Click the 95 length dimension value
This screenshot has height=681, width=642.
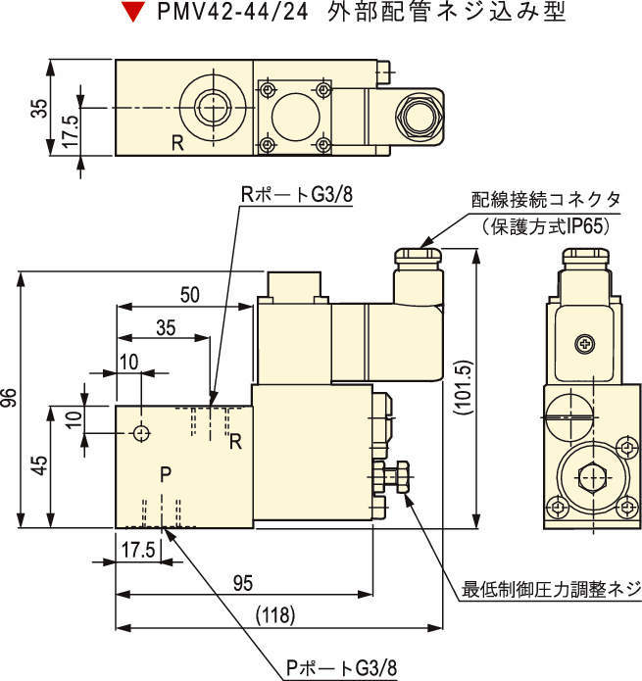(242, 583)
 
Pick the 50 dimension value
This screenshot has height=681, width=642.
(189, 294)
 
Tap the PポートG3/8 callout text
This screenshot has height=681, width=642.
(342, 668)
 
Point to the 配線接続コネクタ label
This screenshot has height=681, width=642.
(546, 200)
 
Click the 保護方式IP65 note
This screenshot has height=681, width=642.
(546, 225)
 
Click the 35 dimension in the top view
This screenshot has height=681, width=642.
(38, 108)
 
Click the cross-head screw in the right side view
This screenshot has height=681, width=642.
(586, 344)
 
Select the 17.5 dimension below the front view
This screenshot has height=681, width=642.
(138, 549)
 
